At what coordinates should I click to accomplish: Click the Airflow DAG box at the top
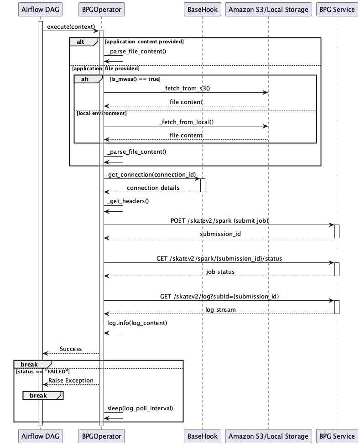(x=40, y=9)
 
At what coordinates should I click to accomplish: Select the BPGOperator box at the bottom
(x=101, y=436)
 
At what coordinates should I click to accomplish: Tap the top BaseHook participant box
(x=202, y=9)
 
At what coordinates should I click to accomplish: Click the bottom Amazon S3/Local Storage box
(x=268, y=436)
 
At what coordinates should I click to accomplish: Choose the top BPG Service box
(x=337, y=9)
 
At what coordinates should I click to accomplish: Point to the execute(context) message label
(x=71, y=26)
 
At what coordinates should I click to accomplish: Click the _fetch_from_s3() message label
(x=186, y=88)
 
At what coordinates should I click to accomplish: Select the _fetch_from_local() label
(x=186, y=122)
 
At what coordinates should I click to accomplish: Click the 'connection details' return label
(x=153, y=188)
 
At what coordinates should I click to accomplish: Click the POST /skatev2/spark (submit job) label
(x=219, y=220)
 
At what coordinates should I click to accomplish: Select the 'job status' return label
(x=220, y=272)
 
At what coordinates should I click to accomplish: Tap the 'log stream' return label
(x=220, y=309)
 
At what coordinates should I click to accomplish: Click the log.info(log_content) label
(x=137, y=323)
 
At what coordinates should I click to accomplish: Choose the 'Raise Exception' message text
(x=71, y=380)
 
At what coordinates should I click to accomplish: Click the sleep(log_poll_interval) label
(x=140, y=408)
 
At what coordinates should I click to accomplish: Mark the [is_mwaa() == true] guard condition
(x=135, y=79)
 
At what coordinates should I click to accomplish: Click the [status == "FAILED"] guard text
(x=42, y=372)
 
